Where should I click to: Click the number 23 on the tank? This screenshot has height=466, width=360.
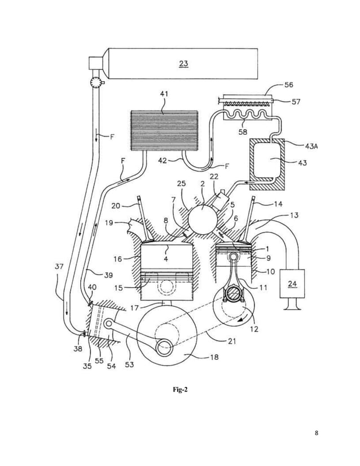point(183,64)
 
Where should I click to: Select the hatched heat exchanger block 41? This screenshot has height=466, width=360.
point(164,131)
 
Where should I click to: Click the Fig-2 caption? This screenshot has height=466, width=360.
point(180,389)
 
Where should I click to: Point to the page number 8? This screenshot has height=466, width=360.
point(317,433)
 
